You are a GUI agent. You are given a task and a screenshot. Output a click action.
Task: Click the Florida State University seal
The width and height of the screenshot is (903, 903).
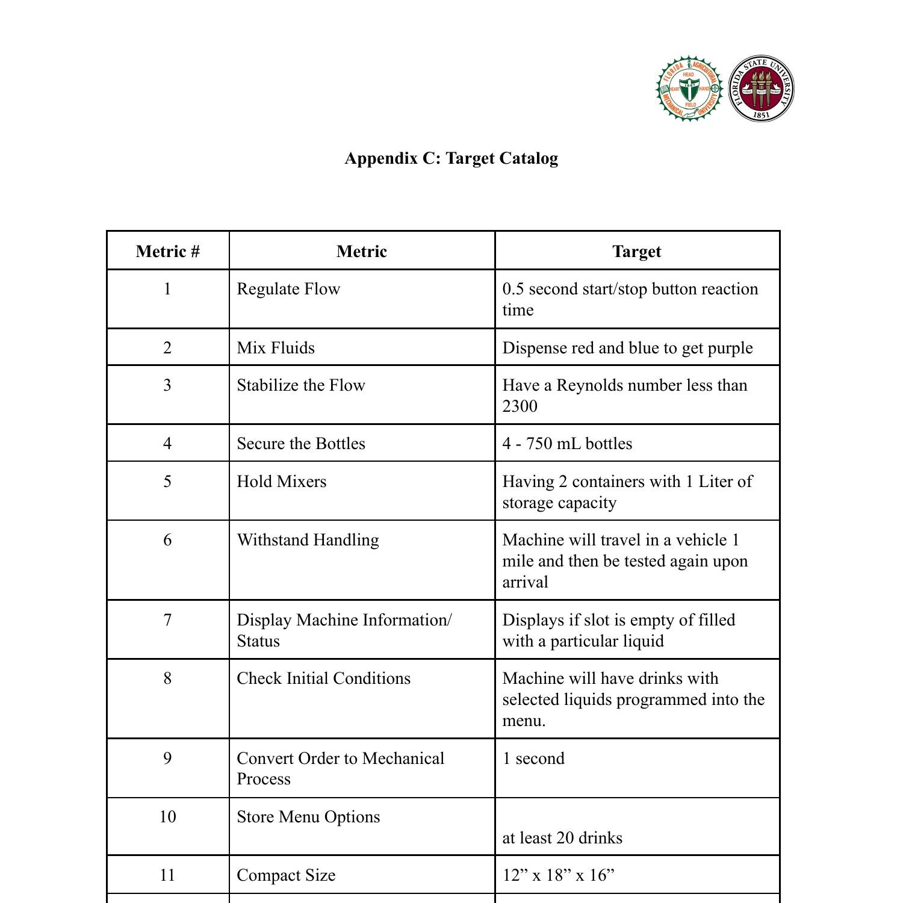pos(761,89)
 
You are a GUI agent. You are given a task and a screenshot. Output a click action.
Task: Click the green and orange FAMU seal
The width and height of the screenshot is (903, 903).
pos(689,89)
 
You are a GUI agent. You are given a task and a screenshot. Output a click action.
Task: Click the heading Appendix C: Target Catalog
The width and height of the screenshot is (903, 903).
pos(451,158)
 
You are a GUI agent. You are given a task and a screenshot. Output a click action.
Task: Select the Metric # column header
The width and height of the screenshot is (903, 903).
pos(167,251)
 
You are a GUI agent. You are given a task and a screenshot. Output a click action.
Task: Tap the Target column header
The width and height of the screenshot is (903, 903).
pos(636,251)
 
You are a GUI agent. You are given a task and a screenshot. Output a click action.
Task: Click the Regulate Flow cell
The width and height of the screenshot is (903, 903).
pos(288,289)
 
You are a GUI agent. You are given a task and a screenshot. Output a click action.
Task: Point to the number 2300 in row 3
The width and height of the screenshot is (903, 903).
pos(520,406)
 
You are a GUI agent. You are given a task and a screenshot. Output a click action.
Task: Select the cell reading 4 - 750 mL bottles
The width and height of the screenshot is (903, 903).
pos(567,444)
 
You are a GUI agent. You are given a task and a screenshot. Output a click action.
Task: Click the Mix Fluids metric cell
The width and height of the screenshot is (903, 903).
pos(276,348)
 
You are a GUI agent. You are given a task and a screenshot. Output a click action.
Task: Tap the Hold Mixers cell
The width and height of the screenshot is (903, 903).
pos(281,482)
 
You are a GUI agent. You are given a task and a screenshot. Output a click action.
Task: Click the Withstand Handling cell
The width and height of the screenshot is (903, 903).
pos(308,540)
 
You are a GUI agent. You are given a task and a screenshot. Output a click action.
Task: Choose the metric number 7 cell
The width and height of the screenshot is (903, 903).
pos(167,620)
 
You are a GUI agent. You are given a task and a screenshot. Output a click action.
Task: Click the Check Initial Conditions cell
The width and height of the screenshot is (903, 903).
pos(323,678)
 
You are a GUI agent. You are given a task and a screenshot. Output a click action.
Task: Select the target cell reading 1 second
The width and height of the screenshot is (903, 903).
pos(533,759)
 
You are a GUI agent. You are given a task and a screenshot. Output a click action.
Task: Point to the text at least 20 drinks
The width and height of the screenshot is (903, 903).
pos(562,838)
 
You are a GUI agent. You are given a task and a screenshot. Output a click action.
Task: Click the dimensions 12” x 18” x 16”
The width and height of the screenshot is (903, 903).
pos(558,875)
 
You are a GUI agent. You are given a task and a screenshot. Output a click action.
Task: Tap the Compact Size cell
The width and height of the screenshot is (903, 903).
pos(286,875)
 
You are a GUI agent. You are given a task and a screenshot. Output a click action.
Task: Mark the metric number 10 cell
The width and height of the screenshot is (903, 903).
pos(167,817)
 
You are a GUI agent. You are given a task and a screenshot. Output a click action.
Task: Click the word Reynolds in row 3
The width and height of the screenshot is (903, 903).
pos(587,385)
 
